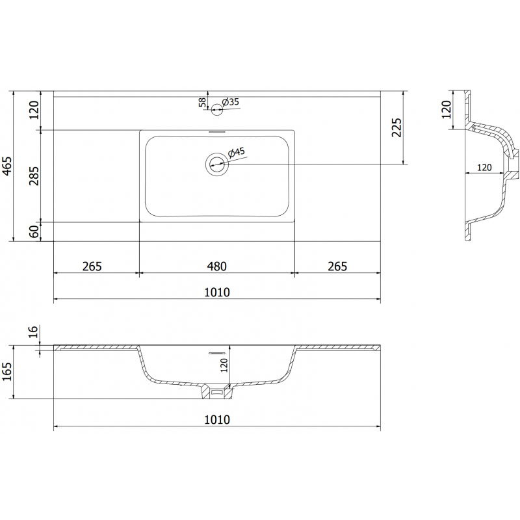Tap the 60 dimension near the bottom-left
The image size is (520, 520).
point(34,231)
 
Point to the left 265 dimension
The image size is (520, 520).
point(92,266)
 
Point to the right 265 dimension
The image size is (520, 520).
point(337,266)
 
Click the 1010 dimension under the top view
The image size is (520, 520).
point(216,292)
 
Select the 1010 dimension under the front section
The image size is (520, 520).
point(216,420)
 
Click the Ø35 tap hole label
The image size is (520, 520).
point(230,101)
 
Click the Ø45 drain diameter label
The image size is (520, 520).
point(236,153)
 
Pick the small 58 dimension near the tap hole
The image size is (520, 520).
point(202,102)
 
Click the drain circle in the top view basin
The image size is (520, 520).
point(216,164)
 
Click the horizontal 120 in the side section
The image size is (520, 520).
point(484,168)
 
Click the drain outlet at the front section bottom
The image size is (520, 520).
point(217,391)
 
